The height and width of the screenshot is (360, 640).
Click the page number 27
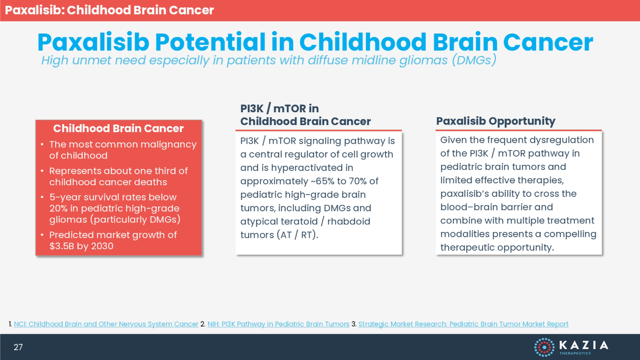[18, 347]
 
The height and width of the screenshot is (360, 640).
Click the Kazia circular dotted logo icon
[544, 347]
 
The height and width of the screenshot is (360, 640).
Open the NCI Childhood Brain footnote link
[106, 324]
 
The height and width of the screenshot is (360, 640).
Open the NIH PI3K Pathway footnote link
[278, 324]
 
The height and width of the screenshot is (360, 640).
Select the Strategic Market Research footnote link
[463, 324]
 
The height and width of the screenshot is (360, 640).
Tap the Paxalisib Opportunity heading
[496, 121]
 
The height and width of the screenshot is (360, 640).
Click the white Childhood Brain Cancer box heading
[118, 128]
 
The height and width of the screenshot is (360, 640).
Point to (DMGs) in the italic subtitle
[474, 60]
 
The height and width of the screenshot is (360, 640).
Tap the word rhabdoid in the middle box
[349, 222]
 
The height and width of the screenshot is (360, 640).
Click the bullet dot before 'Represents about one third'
[42, 171]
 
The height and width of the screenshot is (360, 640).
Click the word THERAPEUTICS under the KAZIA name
[575, 353]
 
